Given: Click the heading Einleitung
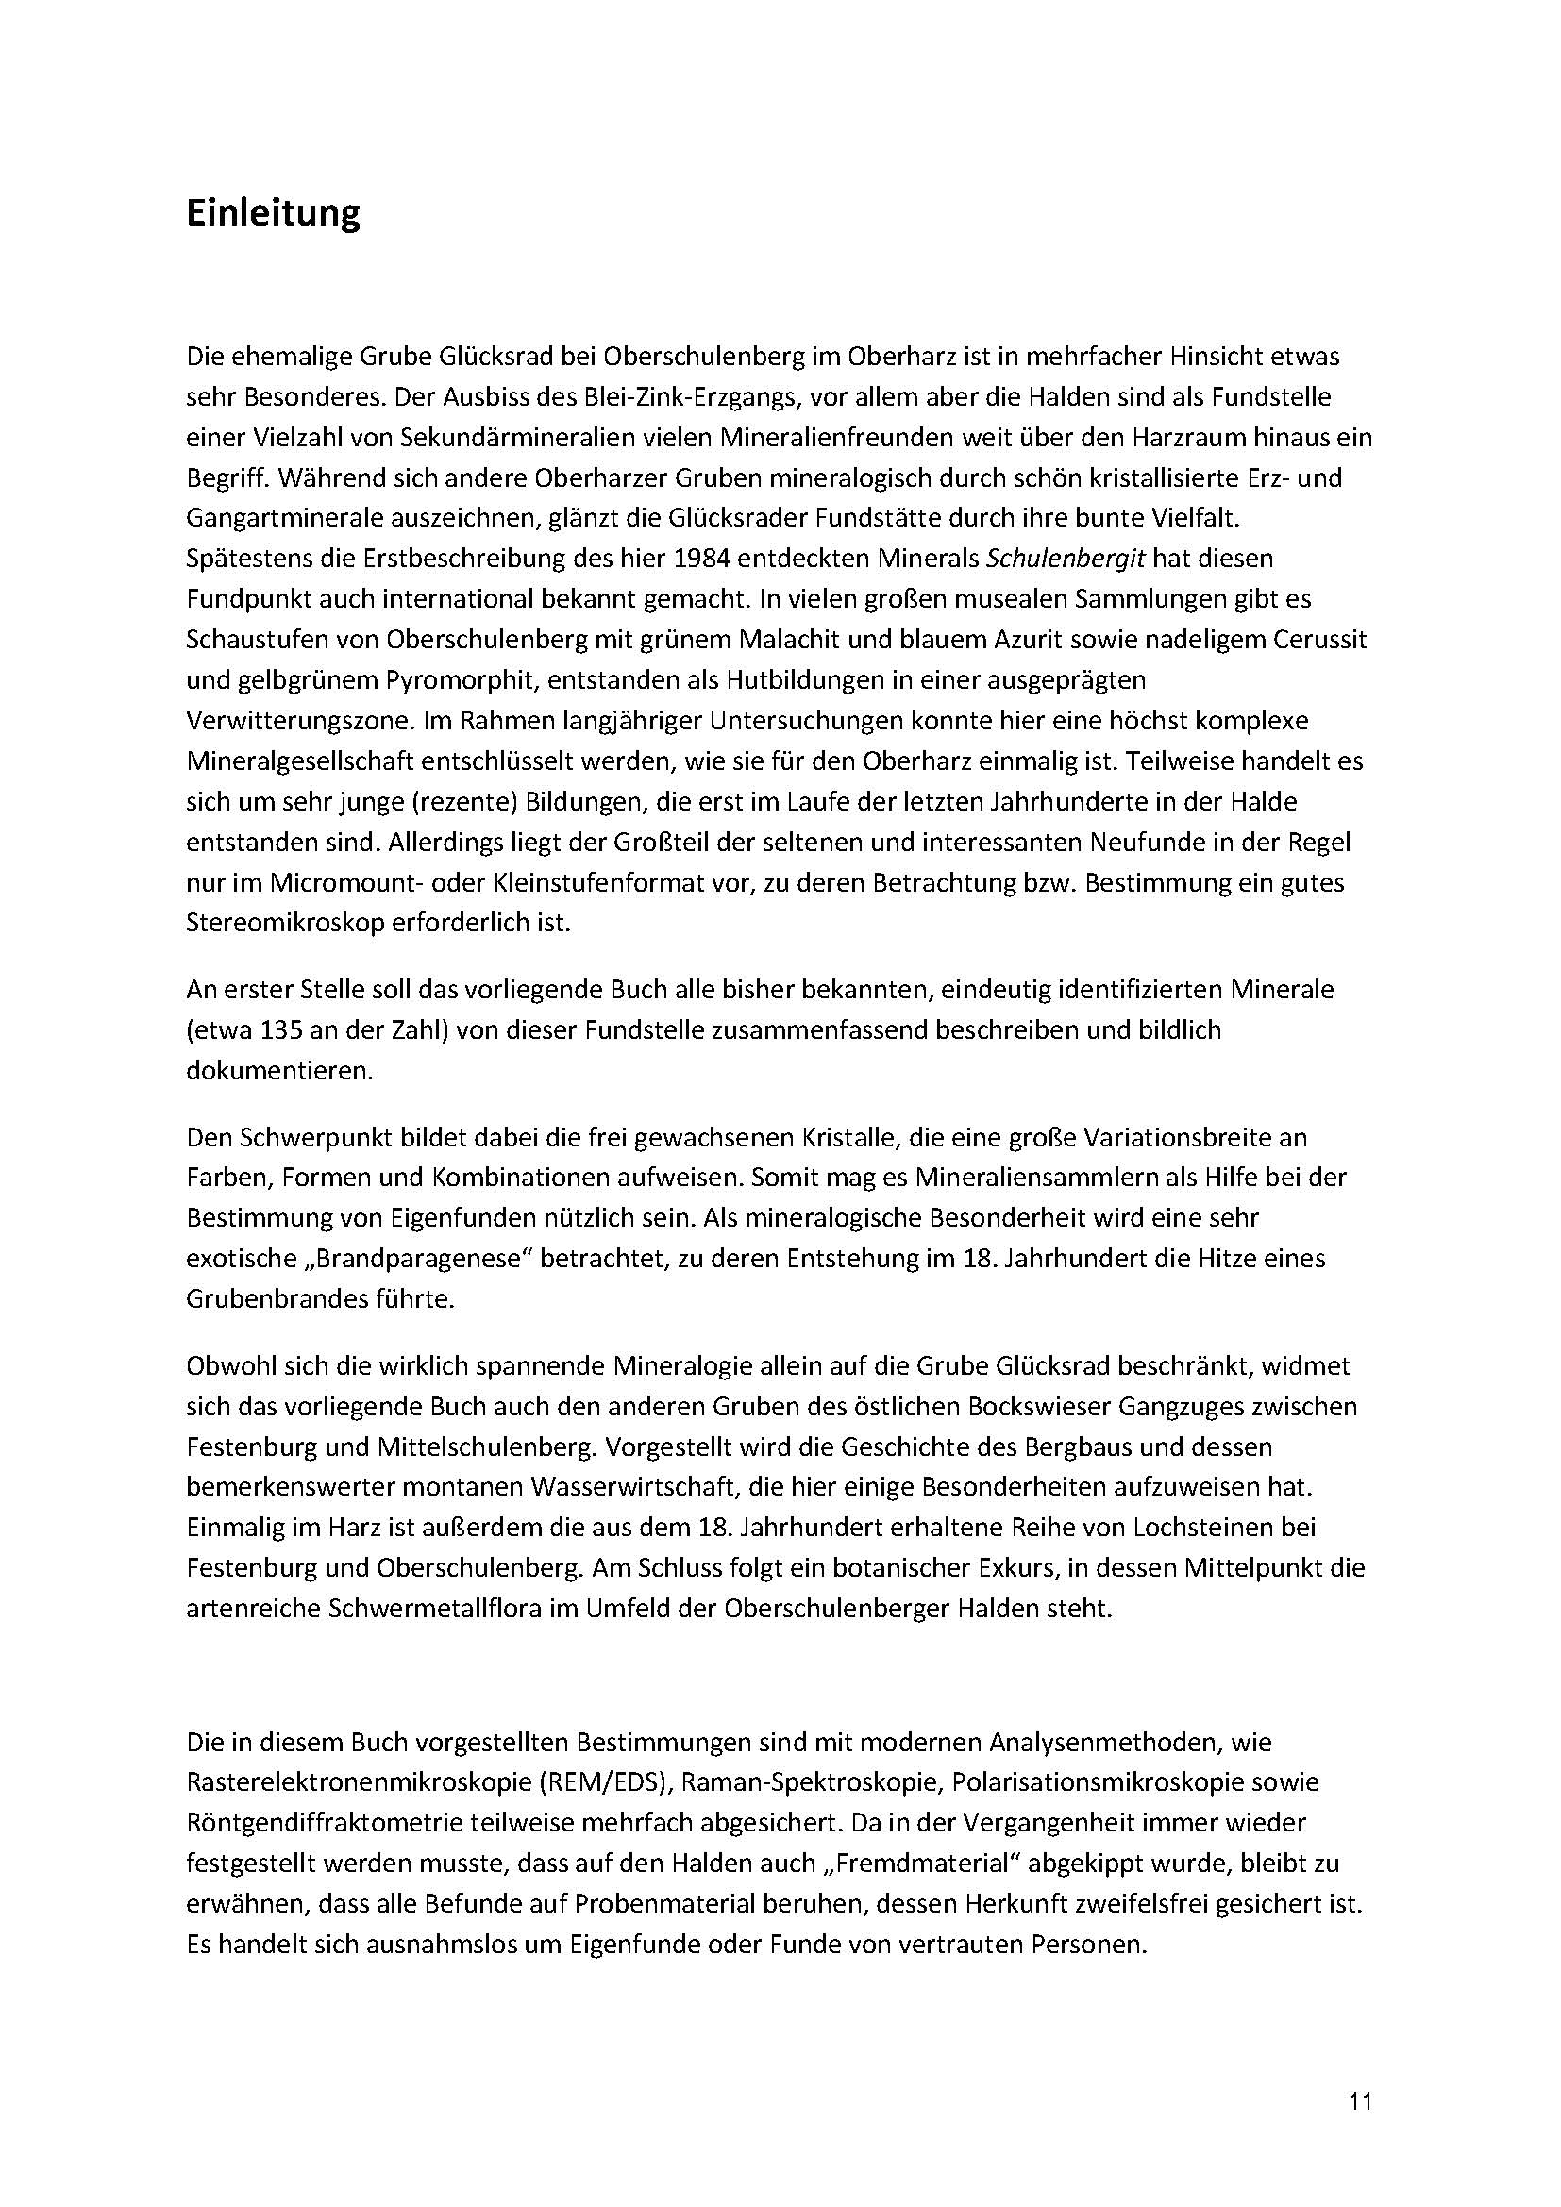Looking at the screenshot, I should [272, 213].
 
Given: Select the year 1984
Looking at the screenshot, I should [852, 558].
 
